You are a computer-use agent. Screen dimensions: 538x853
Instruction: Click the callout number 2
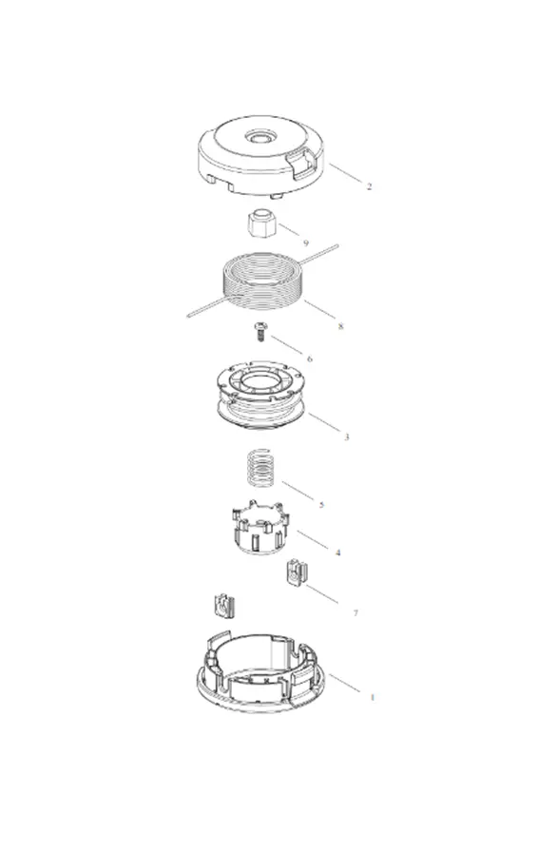point(369,186)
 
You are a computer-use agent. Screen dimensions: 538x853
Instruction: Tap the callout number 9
point(306,243)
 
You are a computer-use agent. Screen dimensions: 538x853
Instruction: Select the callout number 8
point(341,326)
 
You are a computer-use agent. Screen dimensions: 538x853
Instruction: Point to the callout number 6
point(310,359)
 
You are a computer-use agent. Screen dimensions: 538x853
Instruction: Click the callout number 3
point(347,436)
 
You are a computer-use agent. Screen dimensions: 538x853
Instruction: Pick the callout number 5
point(321,505)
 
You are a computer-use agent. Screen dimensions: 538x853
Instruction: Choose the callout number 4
point(337,553)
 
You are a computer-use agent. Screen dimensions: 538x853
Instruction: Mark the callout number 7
point(355,613)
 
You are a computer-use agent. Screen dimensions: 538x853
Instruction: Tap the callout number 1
point(373,697)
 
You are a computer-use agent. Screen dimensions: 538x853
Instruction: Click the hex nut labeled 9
point(260,223)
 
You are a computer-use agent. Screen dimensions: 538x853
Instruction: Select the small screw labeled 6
point(261,331)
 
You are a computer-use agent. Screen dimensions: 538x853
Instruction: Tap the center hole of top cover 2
point(260,136)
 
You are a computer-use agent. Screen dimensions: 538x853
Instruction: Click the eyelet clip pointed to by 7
point(297,572)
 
